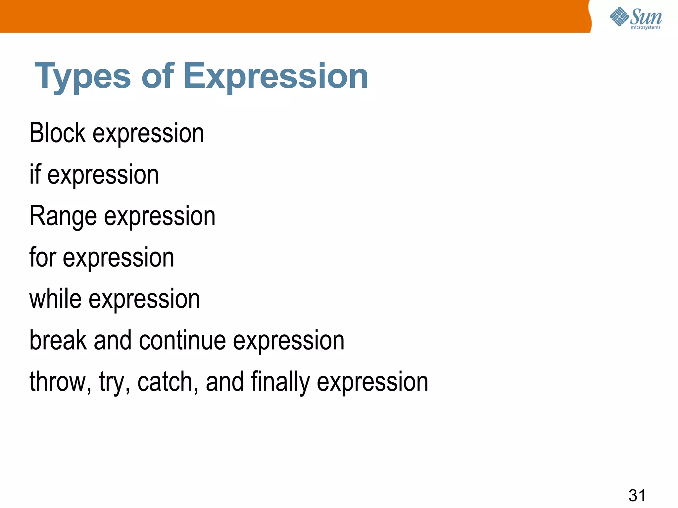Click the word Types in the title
click(83, 77)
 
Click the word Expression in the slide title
click(275, 77)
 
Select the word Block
click(57, 133)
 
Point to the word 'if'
click(35, 174)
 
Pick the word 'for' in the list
click(43, 257)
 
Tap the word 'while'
click(55, 299)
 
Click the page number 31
click(637, 495)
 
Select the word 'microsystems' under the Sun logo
click(645, 27)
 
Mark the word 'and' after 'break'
click(113, 340)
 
